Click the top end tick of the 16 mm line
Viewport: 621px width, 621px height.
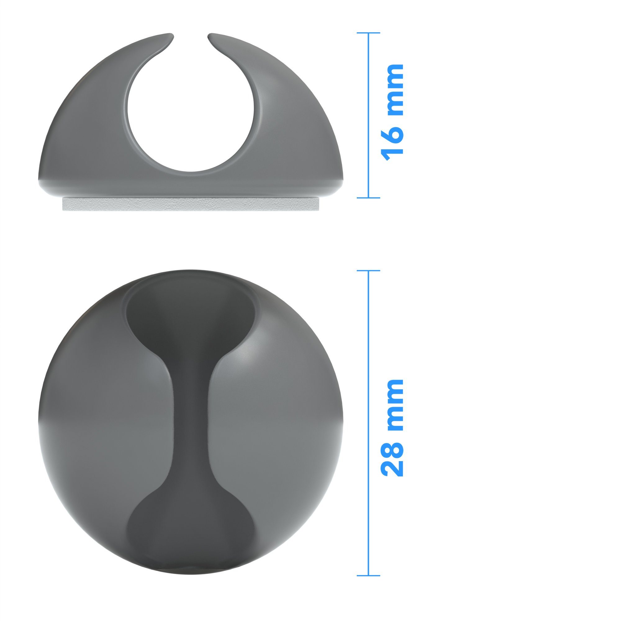click(368, 33)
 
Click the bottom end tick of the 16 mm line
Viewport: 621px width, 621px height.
click(368, 198)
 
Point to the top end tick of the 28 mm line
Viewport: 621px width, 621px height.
click(368, 271)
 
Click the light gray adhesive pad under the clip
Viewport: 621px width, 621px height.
click(191, 204)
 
